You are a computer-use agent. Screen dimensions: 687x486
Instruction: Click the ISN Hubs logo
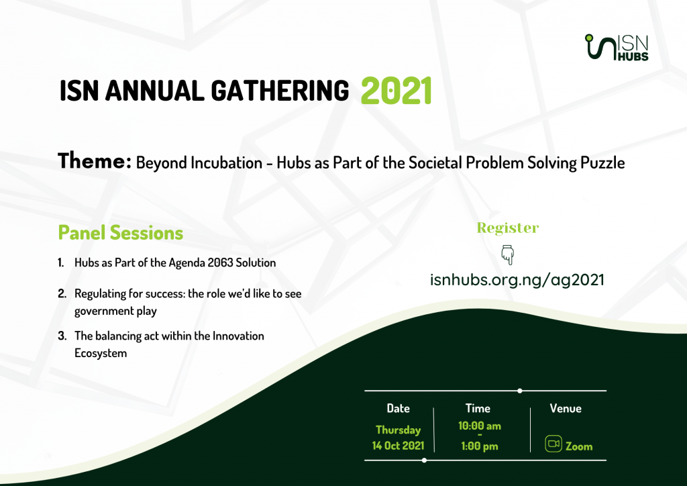[x=617, y=48]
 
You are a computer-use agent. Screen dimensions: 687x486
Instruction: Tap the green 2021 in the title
[x=397, y=91]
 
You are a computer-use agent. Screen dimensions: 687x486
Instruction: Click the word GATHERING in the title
[x=280, y=91]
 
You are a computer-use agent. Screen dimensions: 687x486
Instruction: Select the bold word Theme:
[x=95, y=161]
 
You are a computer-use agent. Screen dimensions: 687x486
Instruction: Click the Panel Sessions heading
[x=121, y=233]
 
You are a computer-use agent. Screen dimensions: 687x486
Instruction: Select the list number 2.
[x=62, y=293]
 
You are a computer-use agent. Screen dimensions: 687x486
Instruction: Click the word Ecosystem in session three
[x=101, y=353]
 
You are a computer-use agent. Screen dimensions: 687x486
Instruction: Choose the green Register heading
[x=508, y=228]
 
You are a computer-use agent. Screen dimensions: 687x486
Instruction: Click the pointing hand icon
[x=507, y=254]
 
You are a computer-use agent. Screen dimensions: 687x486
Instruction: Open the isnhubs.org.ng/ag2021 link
[x=517, y=280]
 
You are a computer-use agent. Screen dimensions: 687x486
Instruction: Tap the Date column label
[x=399, y=408]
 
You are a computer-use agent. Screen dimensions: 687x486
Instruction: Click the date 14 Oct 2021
[x=399, y=446]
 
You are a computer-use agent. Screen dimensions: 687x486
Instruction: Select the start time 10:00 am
[x=480, y=426]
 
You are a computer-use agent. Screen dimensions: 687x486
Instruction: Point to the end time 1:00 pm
[x=480, y=446]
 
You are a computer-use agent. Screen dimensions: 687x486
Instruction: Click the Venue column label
[x=566, y=408]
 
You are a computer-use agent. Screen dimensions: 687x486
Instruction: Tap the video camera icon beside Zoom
[x=553, y=444]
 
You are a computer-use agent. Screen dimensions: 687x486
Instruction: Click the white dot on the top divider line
[x=520, y=391]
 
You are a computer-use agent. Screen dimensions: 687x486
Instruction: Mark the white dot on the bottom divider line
[x=424, y=460]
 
